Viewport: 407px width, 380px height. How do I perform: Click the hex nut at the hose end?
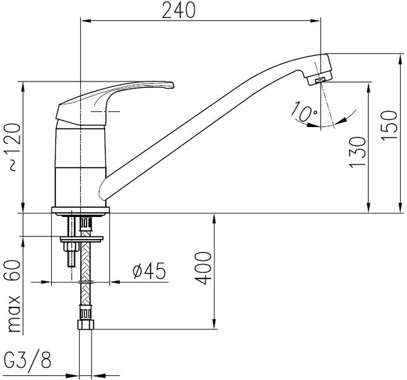(86, 325)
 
